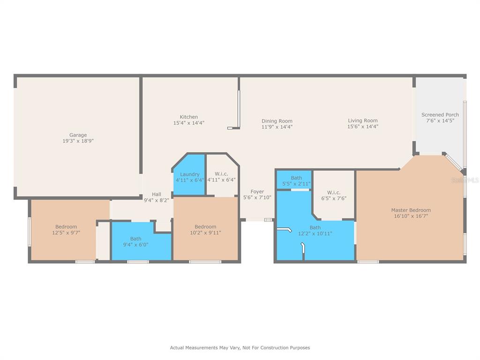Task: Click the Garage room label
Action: point(78,135)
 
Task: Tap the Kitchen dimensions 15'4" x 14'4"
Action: point(188,123)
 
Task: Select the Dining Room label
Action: point(277,121)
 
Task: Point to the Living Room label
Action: point(363,120)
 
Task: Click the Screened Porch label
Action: point(440,115)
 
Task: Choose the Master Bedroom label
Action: point(411,210)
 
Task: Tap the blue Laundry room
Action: point(189,174)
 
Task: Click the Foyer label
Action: point(257,192)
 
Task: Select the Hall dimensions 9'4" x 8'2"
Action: point(157,201)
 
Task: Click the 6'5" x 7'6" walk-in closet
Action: point(334,195)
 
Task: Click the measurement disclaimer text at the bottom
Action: point(240,348)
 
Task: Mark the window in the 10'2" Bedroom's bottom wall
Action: point(205,262)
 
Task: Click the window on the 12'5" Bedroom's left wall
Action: point(30,232)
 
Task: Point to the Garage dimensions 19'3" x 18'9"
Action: point(78,141)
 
